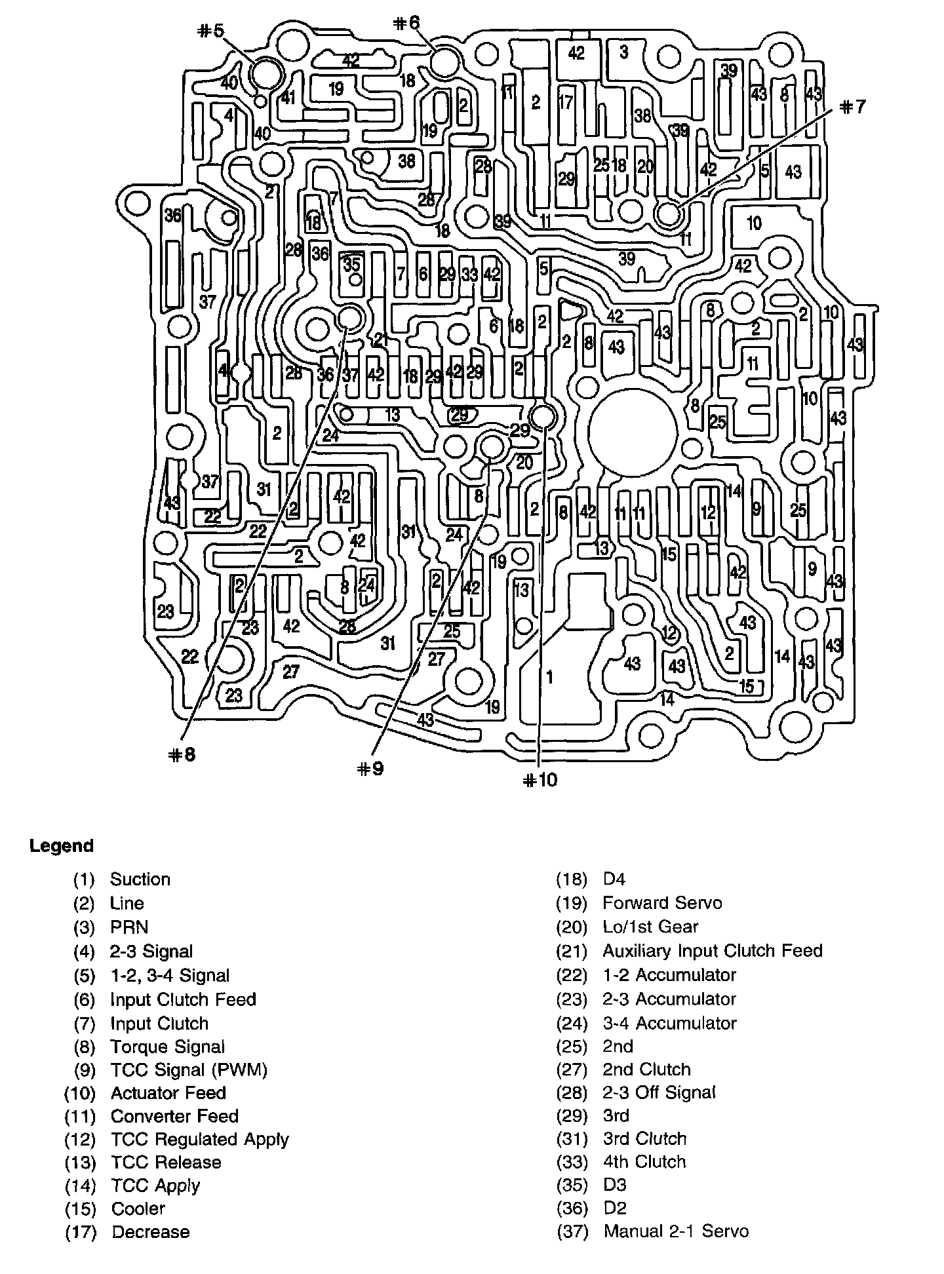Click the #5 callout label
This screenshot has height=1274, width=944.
click(210, 30)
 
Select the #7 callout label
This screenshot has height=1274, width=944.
click(852, 107)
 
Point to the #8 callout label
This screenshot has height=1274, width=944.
click(182, 754)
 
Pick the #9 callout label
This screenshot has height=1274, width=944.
click(370, 768)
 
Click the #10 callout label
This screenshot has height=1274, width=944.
click(540, 779)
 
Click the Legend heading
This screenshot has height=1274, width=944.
click(62, 845)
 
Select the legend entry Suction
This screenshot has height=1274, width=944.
click(140, 879)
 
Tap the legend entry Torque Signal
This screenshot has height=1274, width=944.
click(167, 1047)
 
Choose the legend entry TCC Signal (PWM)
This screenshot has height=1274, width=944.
click(189, 1070)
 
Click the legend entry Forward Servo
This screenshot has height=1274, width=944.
click(662, 902)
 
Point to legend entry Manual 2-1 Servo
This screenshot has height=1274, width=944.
click(676, 1231)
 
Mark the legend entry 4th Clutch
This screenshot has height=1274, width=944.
click(644, 1161)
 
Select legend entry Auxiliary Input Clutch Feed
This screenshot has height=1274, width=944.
click(713, 950)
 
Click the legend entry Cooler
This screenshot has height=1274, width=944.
click(138, 1208)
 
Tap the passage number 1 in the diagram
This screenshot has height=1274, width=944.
click(549, 677)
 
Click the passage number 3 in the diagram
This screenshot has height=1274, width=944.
click(623, 51)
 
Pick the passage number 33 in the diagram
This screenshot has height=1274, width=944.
click(469, 275)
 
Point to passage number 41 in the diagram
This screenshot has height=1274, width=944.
click(288, 98)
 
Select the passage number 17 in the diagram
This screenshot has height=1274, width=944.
click(566, 102)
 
